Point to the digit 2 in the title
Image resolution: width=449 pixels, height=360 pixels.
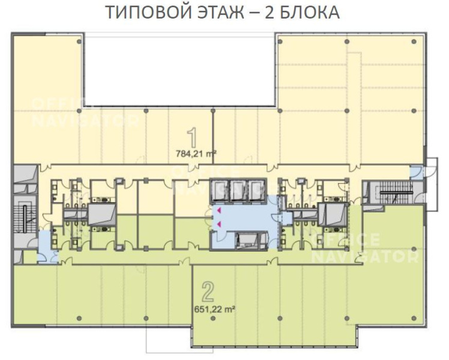click(269, 13)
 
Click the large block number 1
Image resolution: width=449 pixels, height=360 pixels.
click(193, 138)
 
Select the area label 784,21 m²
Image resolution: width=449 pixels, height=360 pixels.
click(196, 154)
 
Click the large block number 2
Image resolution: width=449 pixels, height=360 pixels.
click(208, 292)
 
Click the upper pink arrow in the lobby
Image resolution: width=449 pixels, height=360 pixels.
click(219, 211)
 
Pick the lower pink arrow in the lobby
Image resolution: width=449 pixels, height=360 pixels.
click(219, 224)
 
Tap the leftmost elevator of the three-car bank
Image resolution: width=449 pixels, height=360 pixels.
click(220, 190)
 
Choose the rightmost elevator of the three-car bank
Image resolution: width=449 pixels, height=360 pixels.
click(256, 190)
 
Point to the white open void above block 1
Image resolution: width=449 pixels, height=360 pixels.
click(180, 71)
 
